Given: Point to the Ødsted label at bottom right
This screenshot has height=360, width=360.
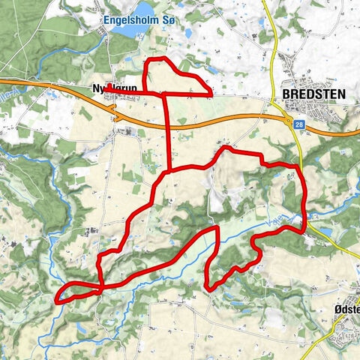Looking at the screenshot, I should coord(344,307).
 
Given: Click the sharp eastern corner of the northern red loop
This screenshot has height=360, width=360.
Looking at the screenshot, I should coord(212,95).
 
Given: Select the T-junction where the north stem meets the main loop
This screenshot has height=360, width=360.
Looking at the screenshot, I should coord(169,170).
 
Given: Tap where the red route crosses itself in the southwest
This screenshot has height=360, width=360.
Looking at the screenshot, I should coord(100,286).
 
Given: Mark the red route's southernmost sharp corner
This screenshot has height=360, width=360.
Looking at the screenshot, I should coord(208,287).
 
